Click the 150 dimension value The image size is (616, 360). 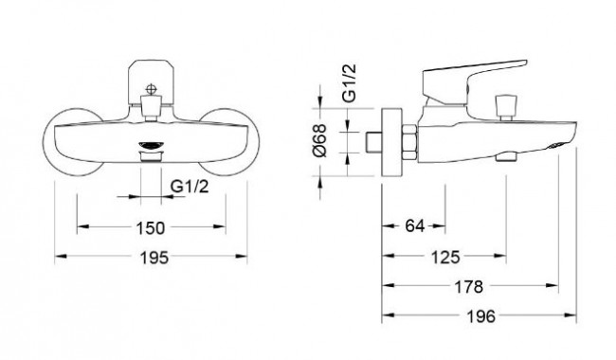pos(151,227)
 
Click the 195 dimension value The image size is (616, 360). pos(154,258)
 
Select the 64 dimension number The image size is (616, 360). pos(415,225)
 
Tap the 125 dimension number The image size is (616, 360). pos(445,257)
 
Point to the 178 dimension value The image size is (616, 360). pos(469,287)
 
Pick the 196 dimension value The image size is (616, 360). pos(481,316)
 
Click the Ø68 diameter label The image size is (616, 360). pos(320,140)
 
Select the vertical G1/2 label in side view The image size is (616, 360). pos(349,82)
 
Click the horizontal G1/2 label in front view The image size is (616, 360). pos(190,186)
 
